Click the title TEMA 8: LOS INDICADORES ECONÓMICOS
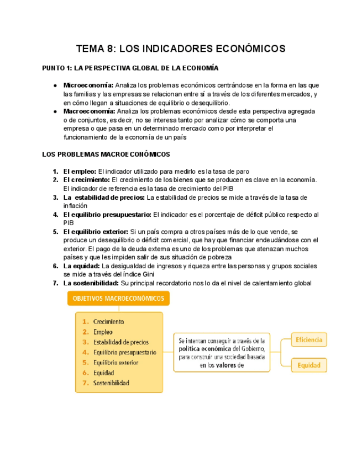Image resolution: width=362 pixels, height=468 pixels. coord(181,49)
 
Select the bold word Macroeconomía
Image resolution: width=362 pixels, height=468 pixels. coord(88,111)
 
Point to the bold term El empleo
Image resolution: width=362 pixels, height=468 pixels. coord(80,172)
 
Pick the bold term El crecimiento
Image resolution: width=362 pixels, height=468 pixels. coord(86,180)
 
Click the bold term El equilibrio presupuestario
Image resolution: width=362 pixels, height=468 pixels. coord(107,214)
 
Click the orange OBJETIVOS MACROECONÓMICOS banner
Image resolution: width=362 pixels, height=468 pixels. coord(119,299)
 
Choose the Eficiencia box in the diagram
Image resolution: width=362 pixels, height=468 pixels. coord(309,340)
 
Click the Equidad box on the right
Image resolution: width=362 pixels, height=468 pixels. coord(309,365)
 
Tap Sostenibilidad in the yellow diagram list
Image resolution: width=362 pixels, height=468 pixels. coord(111,383)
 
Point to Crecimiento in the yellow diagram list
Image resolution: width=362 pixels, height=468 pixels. coord(108,322)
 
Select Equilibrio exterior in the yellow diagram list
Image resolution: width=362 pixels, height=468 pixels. coord(116,363)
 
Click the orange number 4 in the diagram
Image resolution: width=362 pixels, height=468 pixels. coord(85,352)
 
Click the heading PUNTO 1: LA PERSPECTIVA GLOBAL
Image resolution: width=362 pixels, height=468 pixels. coord(130,68)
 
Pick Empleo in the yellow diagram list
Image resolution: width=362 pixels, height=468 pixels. coord(103,332)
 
